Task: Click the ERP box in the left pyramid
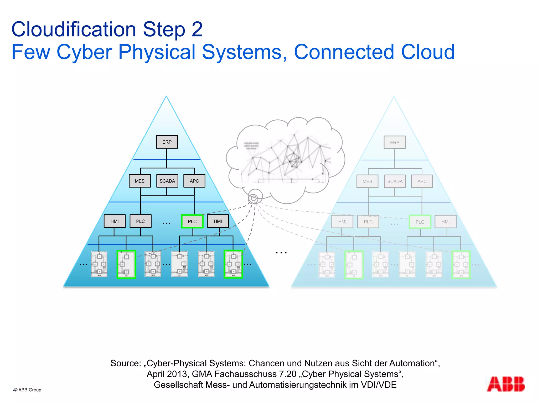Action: (167, 142)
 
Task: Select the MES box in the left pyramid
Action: (139, 181)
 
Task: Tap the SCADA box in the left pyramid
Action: (167, 181)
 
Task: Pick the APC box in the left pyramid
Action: (194, 181)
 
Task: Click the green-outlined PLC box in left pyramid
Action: (192, 221)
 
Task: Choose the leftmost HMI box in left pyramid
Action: (115, 221)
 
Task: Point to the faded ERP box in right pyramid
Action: (394, 143)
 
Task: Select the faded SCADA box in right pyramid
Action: (395, 181)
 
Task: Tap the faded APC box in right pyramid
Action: (422, 181)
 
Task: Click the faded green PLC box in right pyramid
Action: (420, 222)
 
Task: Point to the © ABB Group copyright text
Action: (28, 390)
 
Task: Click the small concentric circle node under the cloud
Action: (254, 198)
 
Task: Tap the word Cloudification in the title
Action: (74, 29)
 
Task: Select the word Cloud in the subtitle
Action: (428, 52)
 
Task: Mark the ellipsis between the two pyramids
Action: (281, 253)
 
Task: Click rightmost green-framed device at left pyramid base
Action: (233, 264)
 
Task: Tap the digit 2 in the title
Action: (197, 29)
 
